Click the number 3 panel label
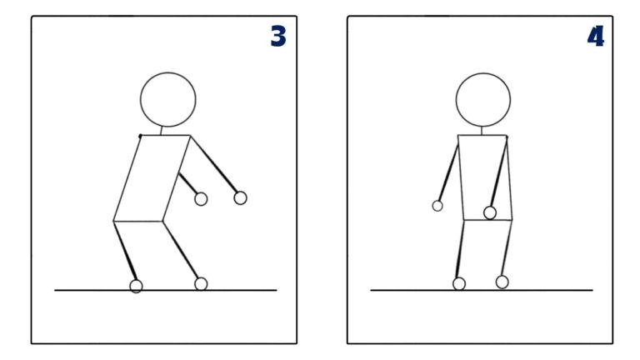point(278,37)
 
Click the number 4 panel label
point(595,37)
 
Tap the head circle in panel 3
point(168,100)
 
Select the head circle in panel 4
point(482,100)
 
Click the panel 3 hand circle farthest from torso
point(240,197)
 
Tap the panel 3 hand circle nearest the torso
point(201,198)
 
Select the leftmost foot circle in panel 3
point(136,286)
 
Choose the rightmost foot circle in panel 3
point(201,283)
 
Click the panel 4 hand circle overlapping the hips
point(490,212)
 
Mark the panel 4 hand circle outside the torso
point(437,205)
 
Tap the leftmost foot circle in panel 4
point(459,283)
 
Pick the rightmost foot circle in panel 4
point(502,282)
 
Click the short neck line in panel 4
point(482,131)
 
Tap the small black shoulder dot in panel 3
point(140,135)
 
